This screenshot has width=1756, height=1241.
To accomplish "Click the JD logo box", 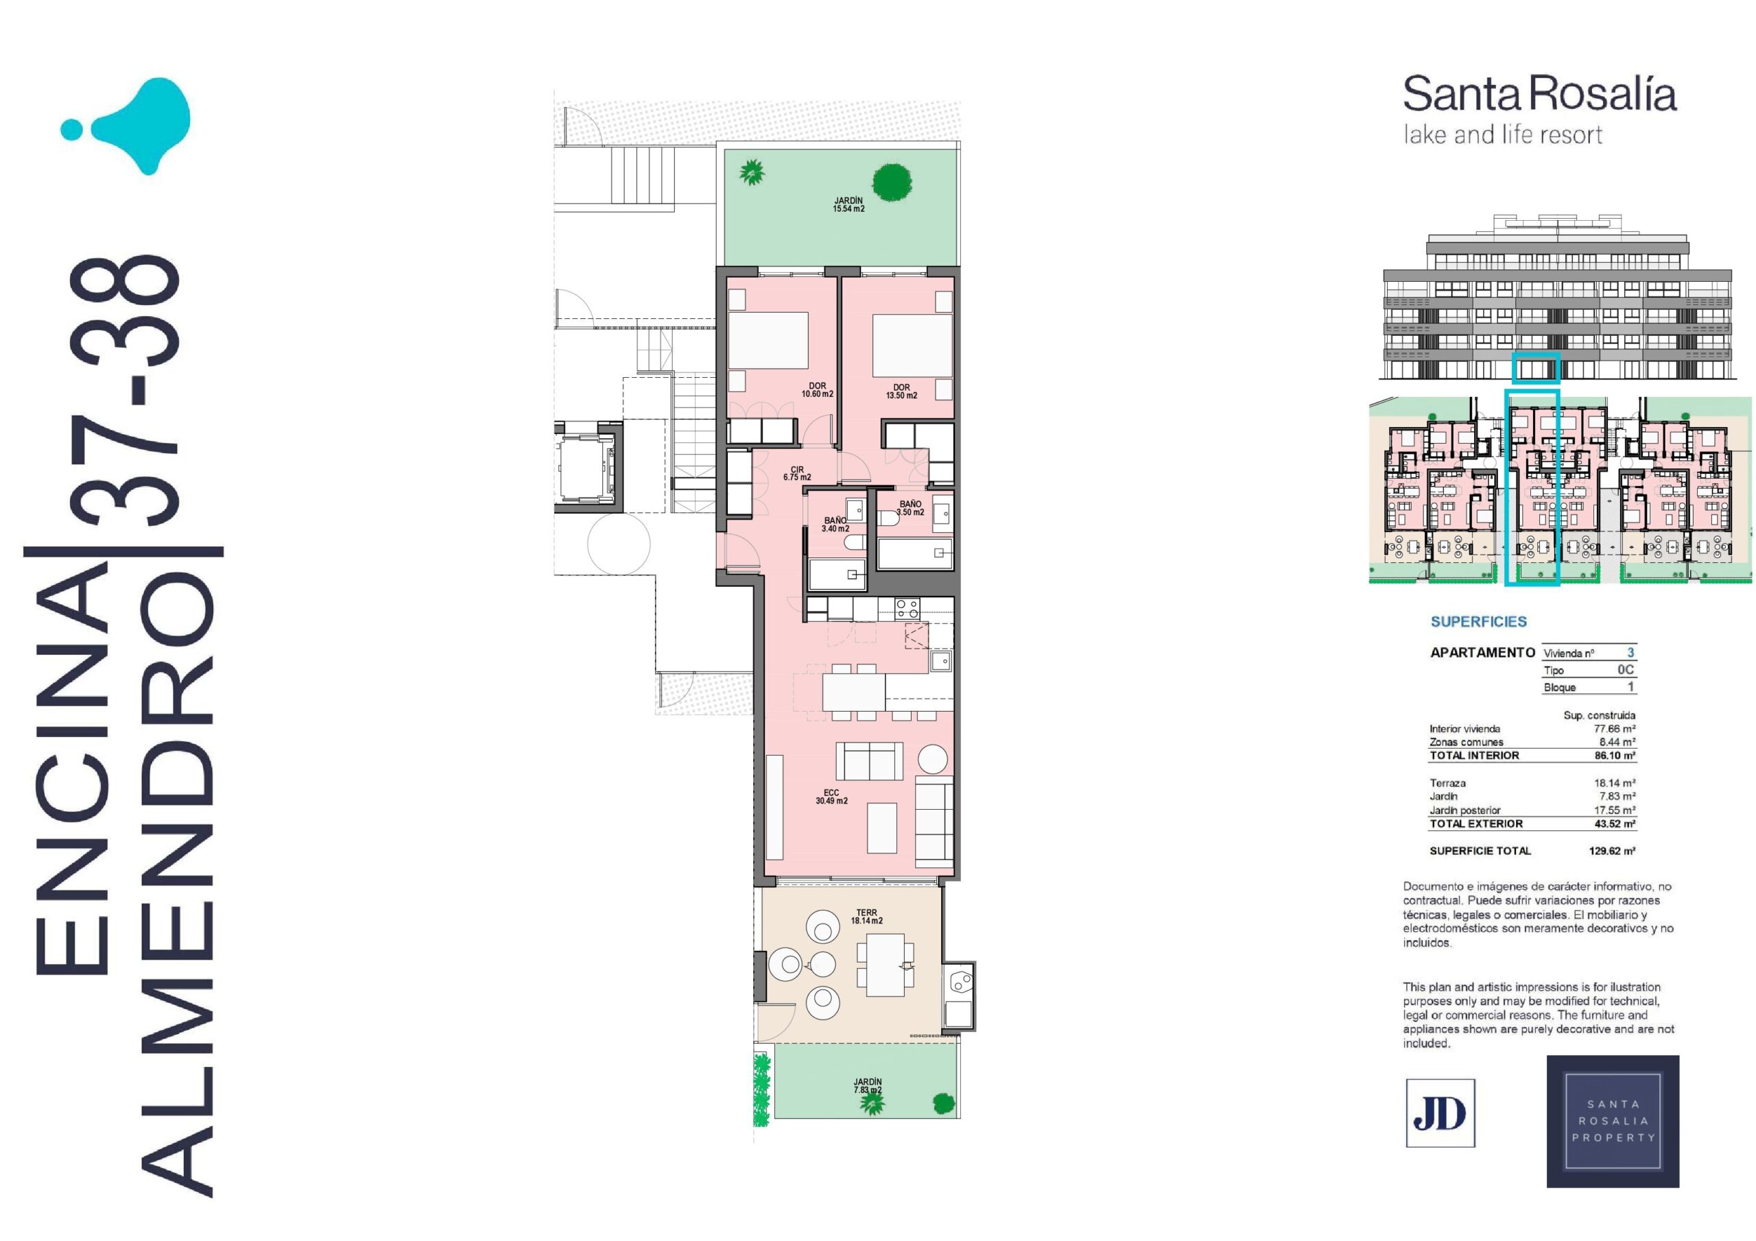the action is coord(1440,1113).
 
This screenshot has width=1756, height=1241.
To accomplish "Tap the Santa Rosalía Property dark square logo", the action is coord(1613,1121).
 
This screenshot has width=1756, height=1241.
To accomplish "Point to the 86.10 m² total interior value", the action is coord(1615,755).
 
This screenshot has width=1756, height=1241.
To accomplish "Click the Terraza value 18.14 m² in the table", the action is coord(1615,783).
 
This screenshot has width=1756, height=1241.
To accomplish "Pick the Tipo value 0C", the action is coord(1626,669).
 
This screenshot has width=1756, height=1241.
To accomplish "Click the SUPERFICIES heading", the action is coord(1478,622).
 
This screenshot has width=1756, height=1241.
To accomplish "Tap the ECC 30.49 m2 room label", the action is coord(831,797).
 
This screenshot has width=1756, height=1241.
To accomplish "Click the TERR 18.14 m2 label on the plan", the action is coord(866,916).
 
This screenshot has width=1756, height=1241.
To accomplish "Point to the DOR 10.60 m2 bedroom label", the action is coord(818,390).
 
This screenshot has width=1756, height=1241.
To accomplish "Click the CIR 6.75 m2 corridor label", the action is coord(797,473).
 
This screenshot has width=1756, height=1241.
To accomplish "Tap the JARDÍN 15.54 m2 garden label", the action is coord(849,204).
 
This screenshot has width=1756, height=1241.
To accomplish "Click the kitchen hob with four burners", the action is coord(907,608).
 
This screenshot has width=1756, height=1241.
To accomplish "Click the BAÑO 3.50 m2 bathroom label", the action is coord(910,508).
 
